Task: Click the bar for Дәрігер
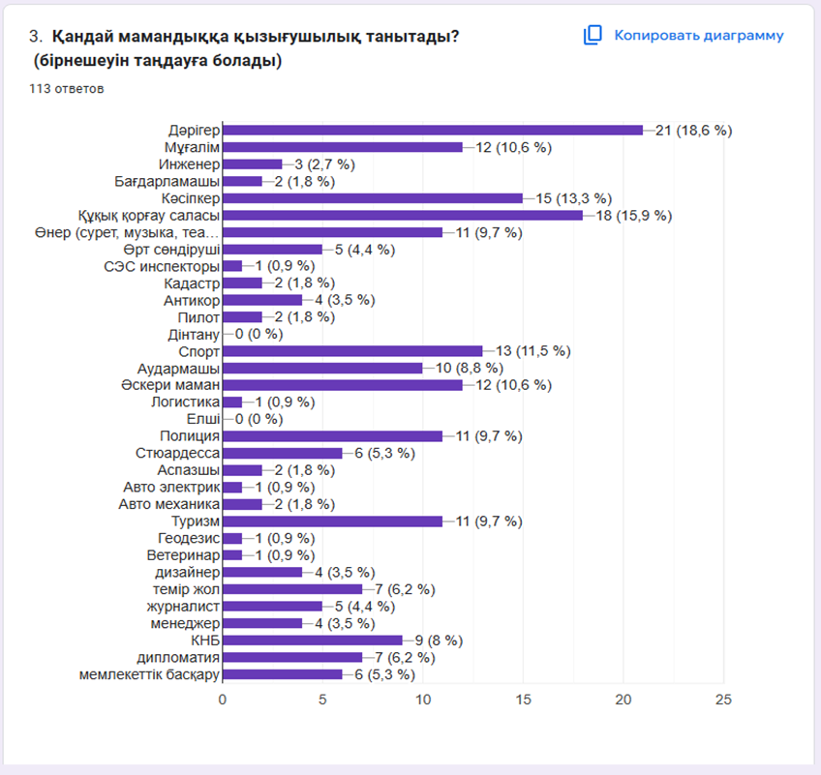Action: coord(432,130)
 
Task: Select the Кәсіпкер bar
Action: coord(372,197)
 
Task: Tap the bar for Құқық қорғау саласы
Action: coord(402,215)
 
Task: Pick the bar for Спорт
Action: coord(352,350)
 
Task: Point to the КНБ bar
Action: coord(312,640)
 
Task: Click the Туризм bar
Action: coord(332,521)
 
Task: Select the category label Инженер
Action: coord(192,164)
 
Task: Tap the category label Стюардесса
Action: coord(178,453)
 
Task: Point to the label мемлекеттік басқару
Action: coord(149,673)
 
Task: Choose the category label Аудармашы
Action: coord(178,368)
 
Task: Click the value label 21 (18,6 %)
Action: coord(694,130)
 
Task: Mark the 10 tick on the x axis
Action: coord(423,699)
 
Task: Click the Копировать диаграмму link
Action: coord(698,36)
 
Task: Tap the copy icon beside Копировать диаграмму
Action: coord(593,36)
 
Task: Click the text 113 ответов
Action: coord(67,89)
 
